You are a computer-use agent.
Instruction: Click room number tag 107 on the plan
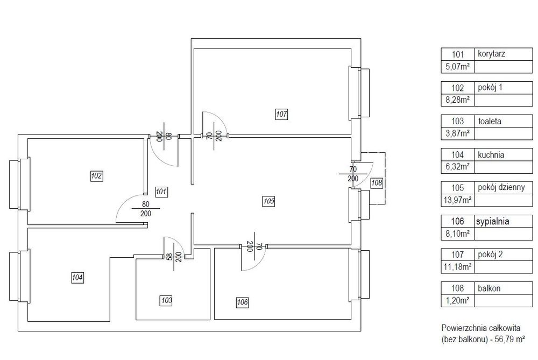[281, 114]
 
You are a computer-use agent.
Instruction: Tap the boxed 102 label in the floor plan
[97, 176]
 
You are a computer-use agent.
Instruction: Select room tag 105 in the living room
[268, 201]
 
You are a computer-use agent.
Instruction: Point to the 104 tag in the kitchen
[77, 277]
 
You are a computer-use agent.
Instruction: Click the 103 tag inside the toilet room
[166, 301]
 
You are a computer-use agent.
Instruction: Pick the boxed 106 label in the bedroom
[242, 302]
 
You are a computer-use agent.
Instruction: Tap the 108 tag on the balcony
[377, 183]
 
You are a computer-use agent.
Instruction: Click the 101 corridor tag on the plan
[161, 192]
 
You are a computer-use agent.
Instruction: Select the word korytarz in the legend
[491, 54]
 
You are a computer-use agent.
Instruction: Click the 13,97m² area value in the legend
[457, 200]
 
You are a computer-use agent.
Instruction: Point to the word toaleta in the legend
[490, 121]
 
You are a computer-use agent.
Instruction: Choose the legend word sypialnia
[492, 222]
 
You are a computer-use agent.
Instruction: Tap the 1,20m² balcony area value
[457, 301]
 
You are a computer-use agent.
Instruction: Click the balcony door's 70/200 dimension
[353, 174]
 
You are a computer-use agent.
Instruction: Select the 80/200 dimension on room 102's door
[145, 209]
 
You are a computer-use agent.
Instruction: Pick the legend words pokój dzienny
[501, 188]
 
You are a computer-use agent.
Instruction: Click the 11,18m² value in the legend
[457, 267]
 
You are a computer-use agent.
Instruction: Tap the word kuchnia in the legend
[491, 155]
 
